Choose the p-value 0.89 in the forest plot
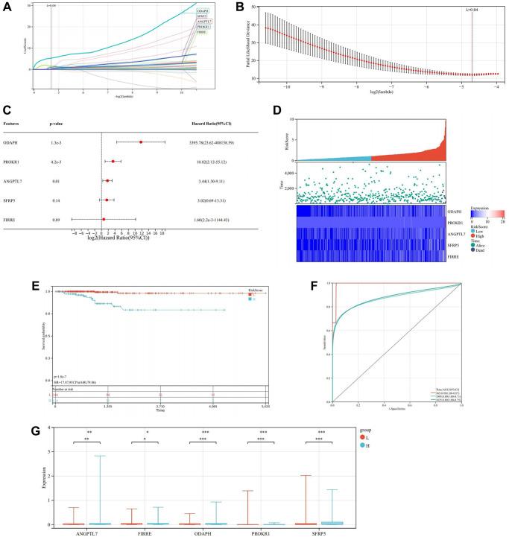[x=54, y=219]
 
